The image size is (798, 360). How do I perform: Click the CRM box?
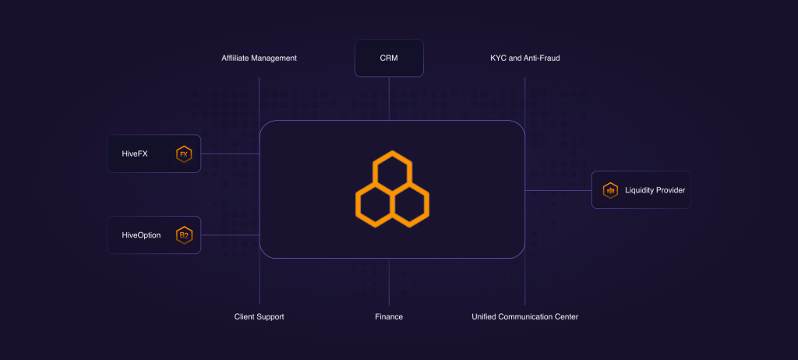(389, 58)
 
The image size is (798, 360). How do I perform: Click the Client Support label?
(259, 316)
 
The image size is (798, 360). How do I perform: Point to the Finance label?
(389, 316)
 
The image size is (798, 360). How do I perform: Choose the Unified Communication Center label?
(524, 316)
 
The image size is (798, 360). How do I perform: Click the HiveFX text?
(135, 154)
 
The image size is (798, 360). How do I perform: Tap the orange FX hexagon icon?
(184, 154)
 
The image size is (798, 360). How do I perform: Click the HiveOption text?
(141, 235)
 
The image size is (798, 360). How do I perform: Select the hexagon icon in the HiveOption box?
(184, 235)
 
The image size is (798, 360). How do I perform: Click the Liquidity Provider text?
(655, 190)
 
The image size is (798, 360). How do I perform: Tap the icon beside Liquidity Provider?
(610, 190)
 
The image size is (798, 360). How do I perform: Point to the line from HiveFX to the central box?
(230, 154)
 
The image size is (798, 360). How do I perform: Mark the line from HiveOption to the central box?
(230, 235)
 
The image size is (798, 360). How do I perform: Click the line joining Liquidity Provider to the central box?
(558, 190)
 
